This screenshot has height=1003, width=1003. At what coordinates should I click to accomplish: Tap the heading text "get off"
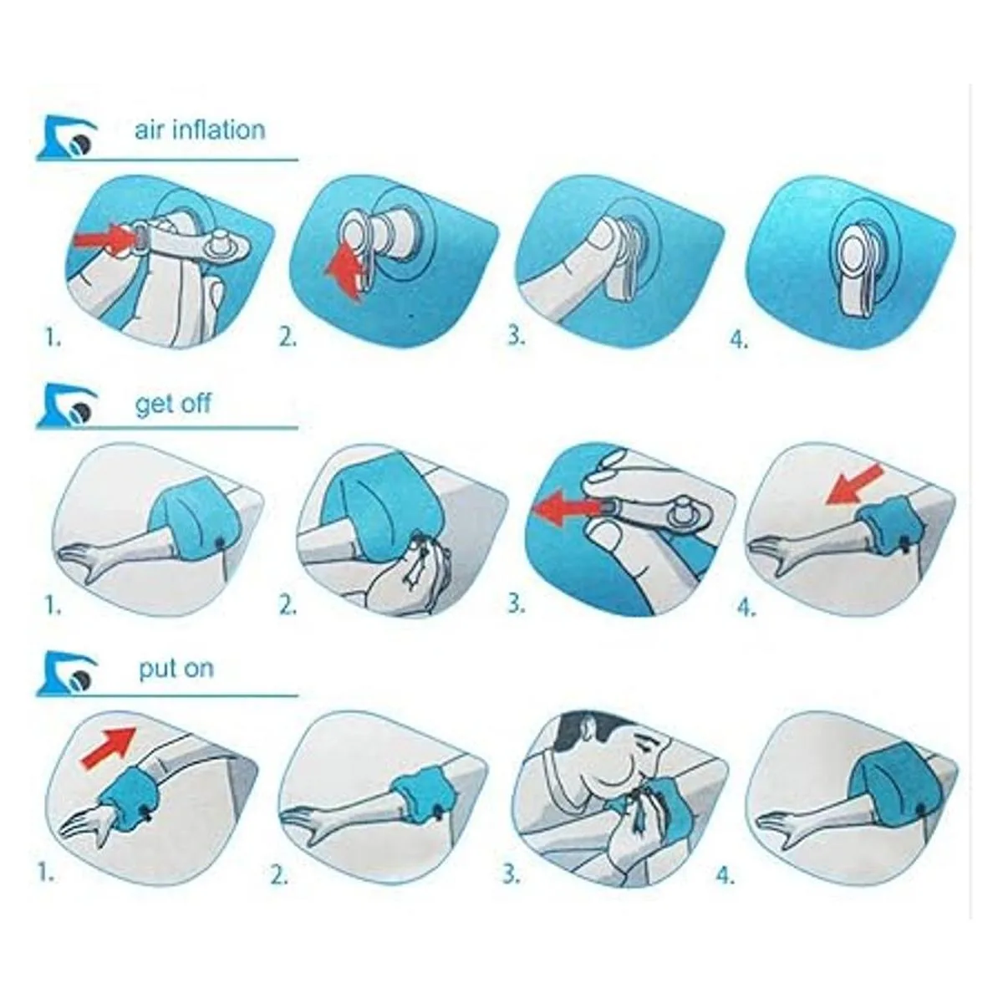(x=173, y=404)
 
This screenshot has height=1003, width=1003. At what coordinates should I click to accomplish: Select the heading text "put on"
(x=176, y=669)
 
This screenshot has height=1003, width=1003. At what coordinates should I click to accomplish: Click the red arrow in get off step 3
(x=566, y=507)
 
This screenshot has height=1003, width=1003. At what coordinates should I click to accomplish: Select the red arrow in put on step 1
(x=109, y=748)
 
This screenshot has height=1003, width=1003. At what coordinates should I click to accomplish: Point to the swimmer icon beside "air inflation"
(x=67, y=137)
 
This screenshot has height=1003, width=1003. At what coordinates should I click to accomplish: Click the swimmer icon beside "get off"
(x=67, y=406)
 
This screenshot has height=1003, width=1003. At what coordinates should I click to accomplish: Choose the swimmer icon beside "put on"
(x=67, y=672)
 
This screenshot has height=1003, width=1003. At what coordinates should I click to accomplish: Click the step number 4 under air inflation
(x=739, y=340)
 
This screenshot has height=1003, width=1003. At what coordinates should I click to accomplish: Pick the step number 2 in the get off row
(x=288, y=605)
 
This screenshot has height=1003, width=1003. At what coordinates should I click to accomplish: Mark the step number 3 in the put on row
(x=511, y=875)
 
